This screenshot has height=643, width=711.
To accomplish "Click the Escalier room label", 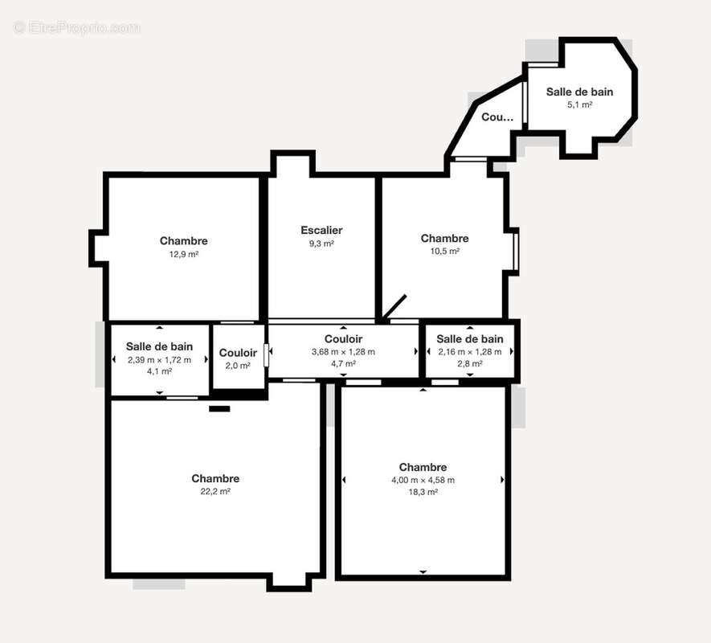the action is coord(321,230).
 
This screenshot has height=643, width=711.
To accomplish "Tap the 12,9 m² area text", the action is coord(184,254).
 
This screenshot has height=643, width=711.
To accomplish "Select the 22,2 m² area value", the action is coord(215,491).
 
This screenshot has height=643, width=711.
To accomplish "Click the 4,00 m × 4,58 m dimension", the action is coord(423,480).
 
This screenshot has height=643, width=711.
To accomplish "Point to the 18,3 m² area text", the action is coord(423,492).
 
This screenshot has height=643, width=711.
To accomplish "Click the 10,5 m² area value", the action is coord(445,251).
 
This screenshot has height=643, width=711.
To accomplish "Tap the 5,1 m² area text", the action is coord(580,104).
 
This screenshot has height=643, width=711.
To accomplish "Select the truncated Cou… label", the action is coord(497,117).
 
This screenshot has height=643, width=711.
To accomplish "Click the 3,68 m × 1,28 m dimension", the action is coord(343,352).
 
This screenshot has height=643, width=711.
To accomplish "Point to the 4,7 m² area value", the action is coord(343,363).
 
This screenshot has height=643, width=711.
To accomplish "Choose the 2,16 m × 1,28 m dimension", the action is coord(470,352).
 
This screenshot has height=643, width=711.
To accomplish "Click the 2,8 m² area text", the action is coord(470,363).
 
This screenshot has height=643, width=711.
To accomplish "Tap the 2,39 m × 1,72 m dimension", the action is coord(159,360).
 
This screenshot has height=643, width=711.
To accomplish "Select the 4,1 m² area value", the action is coord(159,371).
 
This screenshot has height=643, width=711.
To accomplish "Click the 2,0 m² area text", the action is coord(238,365).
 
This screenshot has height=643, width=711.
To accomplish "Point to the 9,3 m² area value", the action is coord(321,244).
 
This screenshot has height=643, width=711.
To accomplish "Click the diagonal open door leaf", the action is coord(394,307).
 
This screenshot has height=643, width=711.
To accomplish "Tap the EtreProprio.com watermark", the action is coord(76,27).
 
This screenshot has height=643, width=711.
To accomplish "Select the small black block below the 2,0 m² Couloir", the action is coord(219,409).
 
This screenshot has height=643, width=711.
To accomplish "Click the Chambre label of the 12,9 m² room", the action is coord(184,241).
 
